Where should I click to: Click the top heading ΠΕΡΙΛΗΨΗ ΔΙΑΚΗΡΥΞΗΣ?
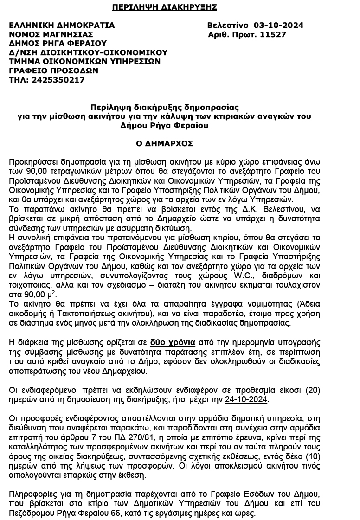(x=165, y=7)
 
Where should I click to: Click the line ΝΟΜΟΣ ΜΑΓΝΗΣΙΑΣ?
(x=51, y=34)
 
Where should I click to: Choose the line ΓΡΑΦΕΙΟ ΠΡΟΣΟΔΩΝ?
(x=54, y=71)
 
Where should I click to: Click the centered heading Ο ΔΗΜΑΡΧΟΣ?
(x=164, y=144)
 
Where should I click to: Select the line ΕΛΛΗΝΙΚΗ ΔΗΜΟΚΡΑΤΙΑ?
(x=62, y=25)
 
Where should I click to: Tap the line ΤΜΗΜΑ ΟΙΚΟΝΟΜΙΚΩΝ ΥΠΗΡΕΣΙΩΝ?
(x=85, y=61)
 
